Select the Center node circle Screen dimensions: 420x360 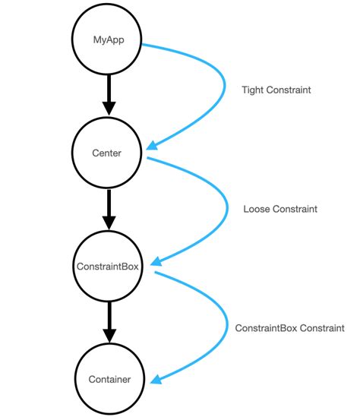[x=108, y=153]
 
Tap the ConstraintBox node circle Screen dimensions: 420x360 [x=108, y=267]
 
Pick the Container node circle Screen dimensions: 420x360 [x=109, y=379]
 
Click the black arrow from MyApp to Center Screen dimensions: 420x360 [x=108, y=94]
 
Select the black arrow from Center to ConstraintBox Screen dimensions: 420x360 [x=108, y=208]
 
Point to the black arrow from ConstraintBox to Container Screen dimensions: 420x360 [x=108, y=321]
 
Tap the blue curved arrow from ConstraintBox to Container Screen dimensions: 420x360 [x=226, y=327]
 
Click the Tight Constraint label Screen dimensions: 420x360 [x=276, y=90]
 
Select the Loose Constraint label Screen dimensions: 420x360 [x=280, y=208]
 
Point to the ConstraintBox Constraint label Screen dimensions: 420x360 [x=289, y=328]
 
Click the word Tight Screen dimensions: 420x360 [x=254, y=90]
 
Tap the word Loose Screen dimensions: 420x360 [x=257, y=208]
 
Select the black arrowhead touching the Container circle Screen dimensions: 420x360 [x=108, y=336]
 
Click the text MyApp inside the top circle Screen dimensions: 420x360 [x=108, y=39]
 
